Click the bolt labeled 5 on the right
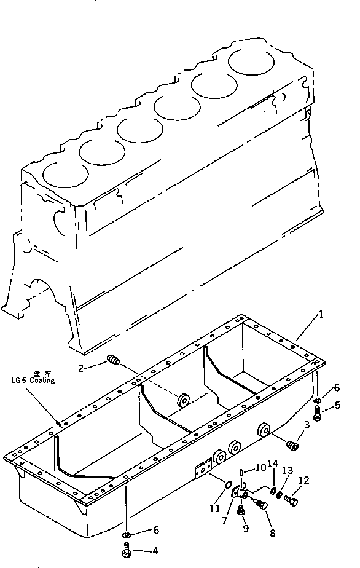(x=317, y=417)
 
